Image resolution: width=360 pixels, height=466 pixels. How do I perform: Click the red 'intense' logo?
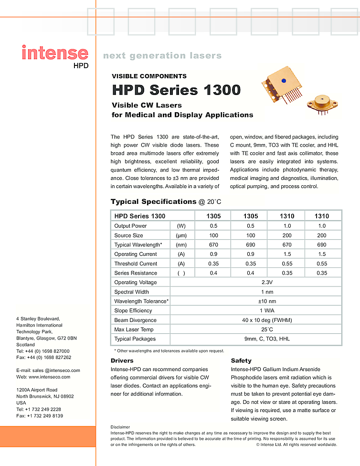pyautogui.click(x=54, y=53)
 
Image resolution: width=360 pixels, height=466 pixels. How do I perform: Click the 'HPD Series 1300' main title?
pyautogui.click(x=176, y=90)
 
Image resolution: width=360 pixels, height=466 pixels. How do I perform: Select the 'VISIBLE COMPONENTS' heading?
pyautogui.click(x=149, y=76)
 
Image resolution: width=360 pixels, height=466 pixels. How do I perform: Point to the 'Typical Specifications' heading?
pyautogui.click(x=153, y=201)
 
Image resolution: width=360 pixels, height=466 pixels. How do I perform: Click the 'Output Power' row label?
pyautogui.click(x=130, y=226)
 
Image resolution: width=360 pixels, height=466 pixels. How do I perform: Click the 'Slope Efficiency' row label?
pyautogui.click(x=134, y=311)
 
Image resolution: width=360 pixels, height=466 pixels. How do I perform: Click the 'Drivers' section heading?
pyautogui.click(x=122, y=360)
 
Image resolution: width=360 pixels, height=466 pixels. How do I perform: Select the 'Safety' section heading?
pyautogui.click(x=241, y=360)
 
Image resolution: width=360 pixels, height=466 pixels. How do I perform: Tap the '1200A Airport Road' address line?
pyautogui.click(x=37, y=390)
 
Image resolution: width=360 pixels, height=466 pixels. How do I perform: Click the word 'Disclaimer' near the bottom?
pyautogui.click(x=120, y=427)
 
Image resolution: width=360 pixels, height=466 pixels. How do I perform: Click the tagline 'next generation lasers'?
pyautogui.click(x=162, y=55)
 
